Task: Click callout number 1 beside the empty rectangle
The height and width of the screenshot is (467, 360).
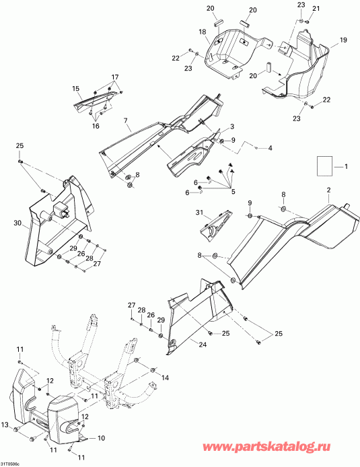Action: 346,166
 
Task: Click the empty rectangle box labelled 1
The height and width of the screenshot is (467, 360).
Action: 324,166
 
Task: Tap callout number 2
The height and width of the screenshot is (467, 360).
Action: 329,190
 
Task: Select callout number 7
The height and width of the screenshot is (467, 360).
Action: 126,120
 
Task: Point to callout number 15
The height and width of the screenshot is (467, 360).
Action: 76,88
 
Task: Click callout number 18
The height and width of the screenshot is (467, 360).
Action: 203,32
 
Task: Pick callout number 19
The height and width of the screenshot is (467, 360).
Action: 343,40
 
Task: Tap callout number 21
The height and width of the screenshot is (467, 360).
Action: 316,8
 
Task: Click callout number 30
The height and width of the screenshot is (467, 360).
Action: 17,223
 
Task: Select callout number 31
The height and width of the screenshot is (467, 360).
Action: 199,213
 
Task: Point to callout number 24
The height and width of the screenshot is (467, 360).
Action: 203,345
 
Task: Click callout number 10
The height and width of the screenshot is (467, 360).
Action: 101,438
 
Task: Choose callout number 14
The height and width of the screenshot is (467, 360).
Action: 165,378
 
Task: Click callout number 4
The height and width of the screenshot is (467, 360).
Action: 270,147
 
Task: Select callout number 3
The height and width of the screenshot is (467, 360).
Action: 232,127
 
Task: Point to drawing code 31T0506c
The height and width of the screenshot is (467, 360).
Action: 9,464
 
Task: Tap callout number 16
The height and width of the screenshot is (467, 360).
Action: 96,126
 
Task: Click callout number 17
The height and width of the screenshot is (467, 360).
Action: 115,77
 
